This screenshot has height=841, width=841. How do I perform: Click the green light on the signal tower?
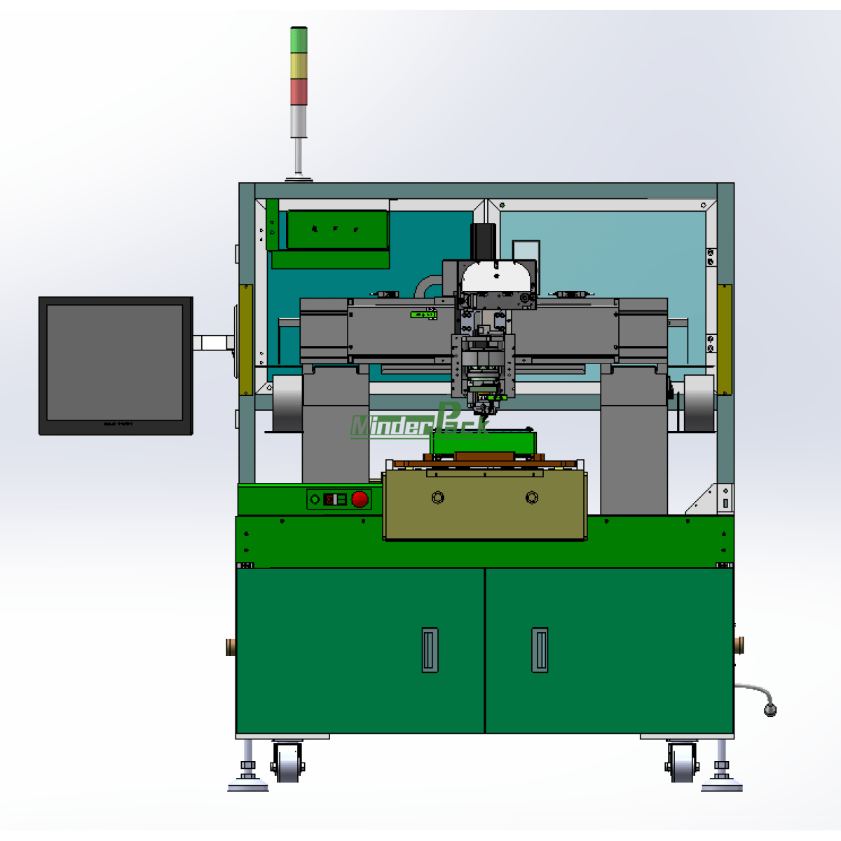[299, 39]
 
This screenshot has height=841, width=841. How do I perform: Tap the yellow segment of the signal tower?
[299, 65]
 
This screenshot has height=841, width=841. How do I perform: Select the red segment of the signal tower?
[299, 92]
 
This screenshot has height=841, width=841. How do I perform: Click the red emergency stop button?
[360, 499]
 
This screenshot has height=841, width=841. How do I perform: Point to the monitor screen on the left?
[115, 362]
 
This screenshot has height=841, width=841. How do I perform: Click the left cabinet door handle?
[430, 650]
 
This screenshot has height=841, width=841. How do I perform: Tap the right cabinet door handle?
[539, 650]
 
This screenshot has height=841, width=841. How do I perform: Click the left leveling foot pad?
[248, 784]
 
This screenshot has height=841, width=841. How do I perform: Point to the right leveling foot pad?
[722, 784]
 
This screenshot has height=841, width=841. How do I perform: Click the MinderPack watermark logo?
[418, 423]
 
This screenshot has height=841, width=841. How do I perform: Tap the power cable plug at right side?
[770, 710]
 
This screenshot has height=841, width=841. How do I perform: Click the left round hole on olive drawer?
[438, 498]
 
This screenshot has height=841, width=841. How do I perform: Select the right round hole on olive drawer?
[532, 498]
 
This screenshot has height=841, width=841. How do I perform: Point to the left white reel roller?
[287, 402]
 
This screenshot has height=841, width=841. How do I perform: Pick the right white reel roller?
[697, 402]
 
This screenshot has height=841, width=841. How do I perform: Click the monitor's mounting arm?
[213, 343]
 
